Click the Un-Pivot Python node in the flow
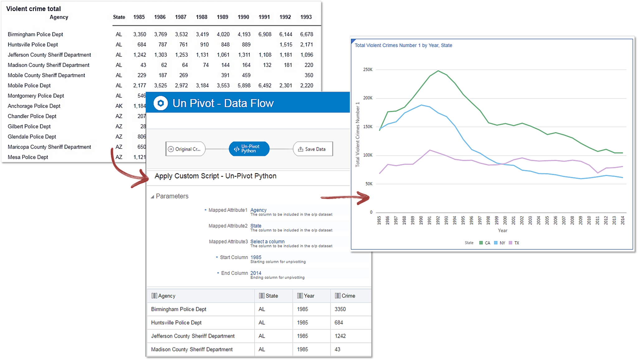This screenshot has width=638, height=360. [x=249, y=149]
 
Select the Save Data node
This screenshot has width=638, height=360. [x=312, y=149]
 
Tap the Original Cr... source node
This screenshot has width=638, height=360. [x=185, y=149]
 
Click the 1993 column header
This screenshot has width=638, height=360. [x=306, y=17]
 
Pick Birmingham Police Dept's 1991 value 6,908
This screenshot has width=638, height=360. [x=264, y=34]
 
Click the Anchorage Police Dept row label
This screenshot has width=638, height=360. [x=34, y=106]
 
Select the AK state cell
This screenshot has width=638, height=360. [x=119, y=106]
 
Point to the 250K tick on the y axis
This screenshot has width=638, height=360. [x=368, y=70]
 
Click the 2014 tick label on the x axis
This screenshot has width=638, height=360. [x=622, y=220]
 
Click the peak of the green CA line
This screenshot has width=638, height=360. [x=438, y=71]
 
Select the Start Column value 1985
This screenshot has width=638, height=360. [x=256, y=257]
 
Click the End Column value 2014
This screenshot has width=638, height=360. [x=256, y=273]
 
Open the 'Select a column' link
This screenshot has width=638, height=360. [x=267, y=242]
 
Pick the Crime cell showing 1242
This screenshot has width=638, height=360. [x=340, y=336]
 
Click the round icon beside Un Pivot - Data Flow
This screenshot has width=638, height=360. [x=161, y=103]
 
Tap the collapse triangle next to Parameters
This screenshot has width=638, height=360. [x=152, y=197]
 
